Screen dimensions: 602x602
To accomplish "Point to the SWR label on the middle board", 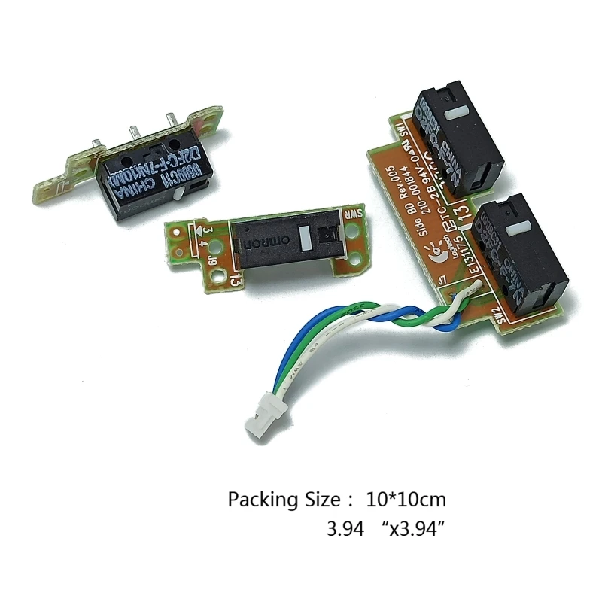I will coord(348,215).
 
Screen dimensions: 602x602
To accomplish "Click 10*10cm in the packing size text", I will coord(407,499).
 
